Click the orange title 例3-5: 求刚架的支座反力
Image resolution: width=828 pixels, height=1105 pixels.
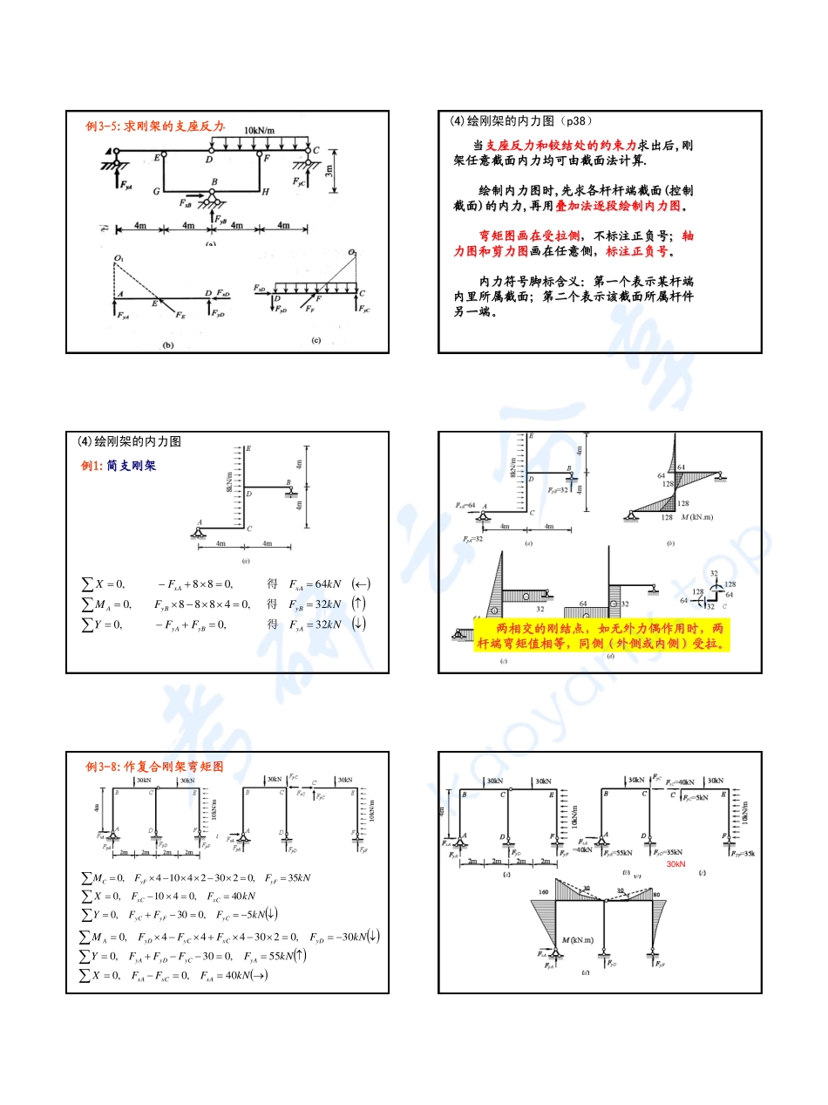tap(155, 126)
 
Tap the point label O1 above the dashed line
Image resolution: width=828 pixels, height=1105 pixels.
tap(119, 259)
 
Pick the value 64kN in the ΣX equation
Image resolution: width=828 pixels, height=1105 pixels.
tap(318, 583)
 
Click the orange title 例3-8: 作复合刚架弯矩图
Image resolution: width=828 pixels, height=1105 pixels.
tap(154, 767)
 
